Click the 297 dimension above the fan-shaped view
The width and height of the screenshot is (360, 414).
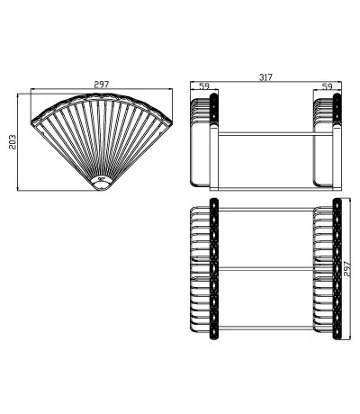tap(102, 85)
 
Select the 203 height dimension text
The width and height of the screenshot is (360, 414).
tap(13, 142)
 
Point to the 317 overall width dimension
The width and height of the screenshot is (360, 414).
tap(265, 77)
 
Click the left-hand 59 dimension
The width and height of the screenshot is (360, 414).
tap(204, 86)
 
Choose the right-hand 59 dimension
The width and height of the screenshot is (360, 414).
tap(328, 86)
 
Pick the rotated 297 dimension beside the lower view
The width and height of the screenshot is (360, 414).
tap(347, 269)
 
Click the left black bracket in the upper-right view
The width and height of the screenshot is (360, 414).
tap(213, 109)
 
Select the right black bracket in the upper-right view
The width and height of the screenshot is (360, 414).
tap(337, 109)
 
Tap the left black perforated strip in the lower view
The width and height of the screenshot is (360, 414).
tap(214, 269)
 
